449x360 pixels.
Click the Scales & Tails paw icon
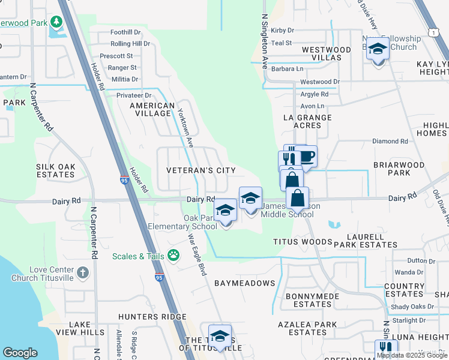(x=174, y=256)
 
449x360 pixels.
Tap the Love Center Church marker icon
(x=83, y=273)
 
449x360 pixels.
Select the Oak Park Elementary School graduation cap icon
(x=226, y=211)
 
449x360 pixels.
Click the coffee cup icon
(x=306, y=157)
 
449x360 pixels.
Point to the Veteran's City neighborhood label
(x=201, y=170)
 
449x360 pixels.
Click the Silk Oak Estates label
(x=55, y=170)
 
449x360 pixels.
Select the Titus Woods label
(x=303, y=242)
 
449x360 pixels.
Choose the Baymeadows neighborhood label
(x=244, y=283)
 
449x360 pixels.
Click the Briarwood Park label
(x=399, y=168)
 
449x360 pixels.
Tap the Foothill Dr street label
(x=125, y=32)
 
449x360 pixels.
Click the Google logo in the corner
(x=20, y=353)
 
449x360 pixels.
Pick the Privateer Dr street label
(x=134, y=95)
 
